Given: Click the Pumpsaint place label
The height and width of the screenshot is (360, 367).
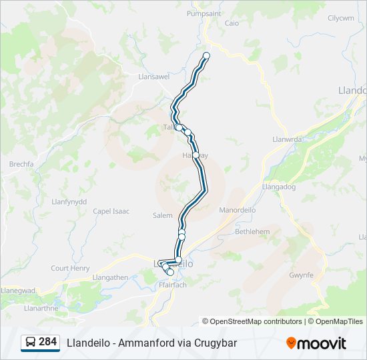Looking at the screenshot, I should [x=204, y=13].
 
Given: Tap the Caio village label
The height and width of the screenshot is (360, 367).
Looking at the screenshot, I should [x=232, y=23].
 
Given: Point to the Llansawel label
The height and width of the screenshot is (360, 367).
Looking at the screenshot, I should [x=153, y=77].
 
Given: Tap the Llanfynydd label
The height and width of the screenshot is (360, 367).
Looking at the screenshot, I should [x=69, y=201].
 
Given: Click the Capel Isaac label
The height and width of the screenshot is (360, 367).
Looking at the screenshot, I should [x=111, y=211].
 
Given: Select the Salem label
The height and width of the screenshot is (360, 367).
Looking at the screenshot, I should [x=162, y=215].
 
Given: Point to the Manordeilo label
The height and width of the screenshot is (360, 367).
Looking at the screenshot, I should [x=238, y=209].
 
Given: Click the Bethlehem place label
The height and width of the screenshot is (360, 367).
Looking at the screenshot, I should [x=252, y=231].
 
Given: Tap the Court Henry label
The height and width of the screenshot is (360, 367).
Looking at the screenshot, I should [x=70, y=268].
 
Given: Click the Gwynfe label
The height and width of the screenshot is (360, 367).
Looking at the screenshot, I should [x=301, y=274].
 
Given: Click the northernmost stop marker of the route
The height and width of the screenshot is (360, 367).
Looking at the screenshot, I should [x=206, y=55].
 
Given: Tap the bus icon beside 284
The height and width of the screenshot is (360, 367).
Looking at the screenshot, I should [x=31, y=342].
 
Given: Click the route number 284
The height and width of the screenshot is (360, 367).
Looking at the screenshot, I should [x=48, y=342].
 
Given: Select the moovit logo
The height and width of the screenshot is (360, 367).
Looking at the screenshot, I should [x=316, y=343].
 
